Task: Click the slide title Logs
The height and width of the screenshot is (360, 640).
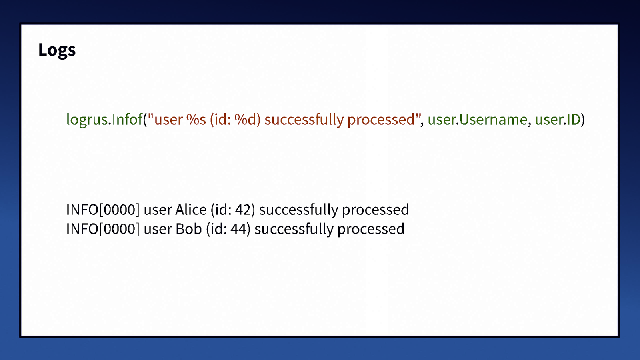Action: [57, 50]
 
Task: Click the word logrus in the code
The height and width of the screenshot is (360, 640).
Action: [87, 120]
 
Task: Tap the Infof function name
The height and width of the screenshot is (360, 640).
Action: [127, 120]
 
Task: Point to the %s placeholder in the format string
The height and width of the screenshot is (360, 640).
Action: [196, 120]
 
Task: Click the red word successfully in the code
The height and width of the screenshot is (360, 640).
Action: [304, 120]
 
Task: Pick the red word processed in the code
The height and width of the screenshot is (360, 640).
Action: [381, 120]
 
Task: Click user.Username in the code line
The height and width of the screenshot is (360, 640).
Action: [477, 120]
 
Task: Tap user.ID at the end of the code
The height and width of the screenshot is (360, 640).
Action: [558, 120]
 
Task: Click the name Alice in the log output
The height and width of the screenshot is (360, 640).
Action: [191, 210]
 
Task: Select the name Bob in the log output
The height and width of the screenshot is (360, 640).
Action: [188, 229]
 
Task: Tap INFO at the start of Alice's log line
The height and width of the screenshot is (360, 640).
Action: [82, 210]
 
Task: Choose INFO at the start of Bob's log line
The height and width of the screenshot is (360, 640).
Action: [82, 229]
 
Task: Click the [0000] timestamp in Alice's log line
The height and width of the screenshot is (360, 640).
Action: [119, 210]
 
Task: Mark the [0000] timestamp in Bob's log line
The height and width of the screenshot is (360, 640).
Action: [119, 229]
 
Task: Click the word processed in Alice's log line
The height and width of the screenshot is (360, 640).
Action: [375, 210]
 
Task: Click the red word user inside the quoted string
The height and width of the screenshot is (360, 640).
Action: [168, 120]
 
